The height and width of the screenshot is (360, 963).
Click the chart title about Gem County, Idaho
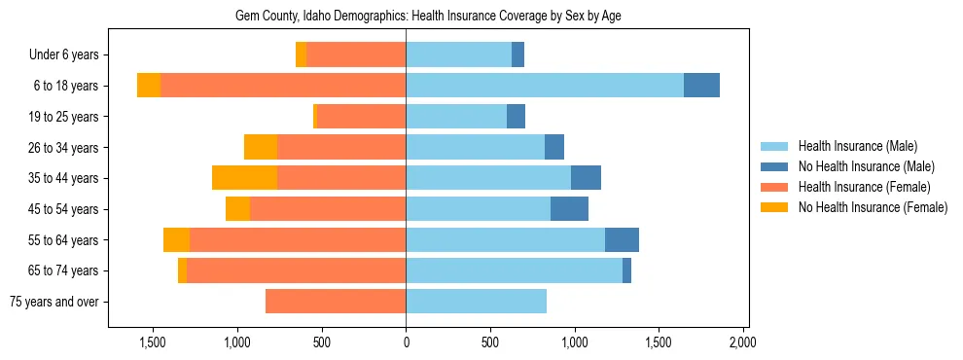[x=428, y=16]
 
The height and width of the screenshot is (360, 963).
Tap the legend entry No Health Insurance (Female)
[x=873, y=207]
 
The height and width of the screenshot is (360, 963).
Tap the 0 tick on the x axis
[x=406, y=343]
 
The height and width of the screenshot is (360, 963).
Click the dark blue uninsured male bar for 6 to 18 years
[x=701, y=86]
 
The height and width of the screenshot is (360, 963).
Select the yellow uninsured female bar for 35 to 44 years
[x=244, y=178]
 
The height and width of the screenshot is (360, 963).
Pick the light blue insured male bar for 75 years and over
[x=476, y=302]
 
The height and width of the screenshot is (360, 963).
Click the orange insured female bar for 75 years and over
[x=336, y=302]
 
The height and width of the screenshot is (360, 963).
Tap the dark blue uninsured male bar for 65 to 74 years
[x=626, y=270]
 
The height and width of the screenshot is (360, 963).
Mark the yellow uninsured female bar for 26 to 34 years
[x=261, y=147]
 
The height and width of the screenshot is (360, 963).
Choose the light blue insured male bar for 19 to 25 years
[x=456, y=117]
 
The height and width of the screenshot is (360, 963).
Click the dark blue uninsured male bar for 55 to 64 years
[x=622, y=239]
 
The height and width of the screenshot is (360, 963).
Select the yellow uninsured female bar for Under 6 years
[x=301, y=55]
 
